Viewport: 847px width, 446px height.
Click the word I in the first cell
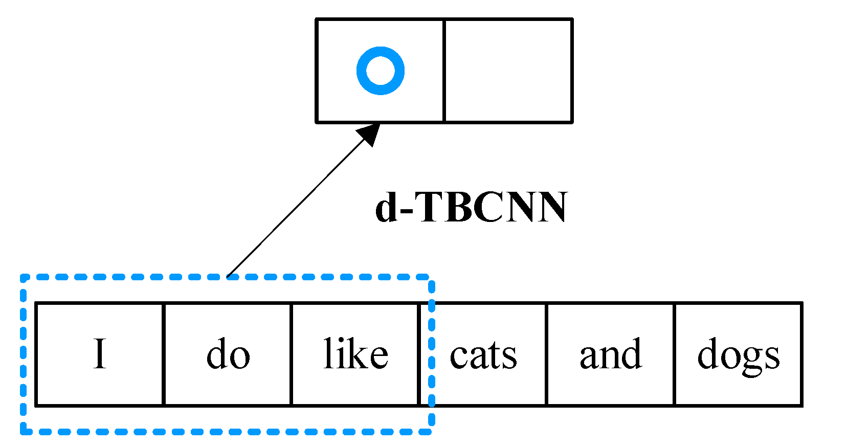100,354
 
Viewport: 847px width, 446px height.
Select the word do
228,354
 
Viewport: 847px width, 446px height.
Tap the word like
356,354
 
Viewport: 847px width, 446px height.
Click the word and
611,354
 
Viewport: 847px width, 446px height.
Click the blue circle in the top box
381,71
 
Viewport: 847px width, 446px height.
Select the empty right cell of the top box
508,71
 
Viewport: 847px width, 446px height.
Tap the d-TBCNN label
471,208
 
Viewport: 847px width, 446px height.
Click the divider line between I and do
164,354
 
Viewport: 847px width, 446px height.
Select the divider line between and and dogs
674,354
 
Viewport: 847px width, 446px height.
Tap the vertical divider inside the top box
444,71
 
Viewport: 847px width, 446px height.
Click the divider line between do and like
292,354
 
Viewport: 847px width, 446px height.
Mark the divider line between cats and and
546,354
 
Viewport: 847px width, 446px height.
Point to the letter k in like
358,353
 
